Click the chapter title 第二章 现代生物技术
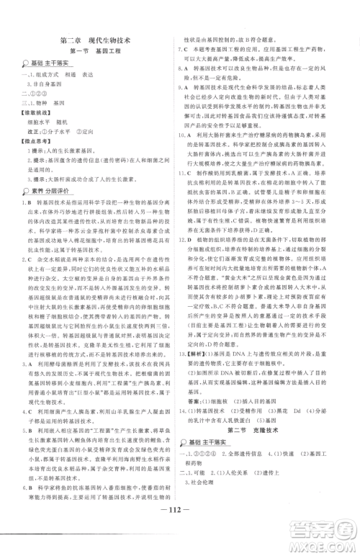[94, 40]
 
